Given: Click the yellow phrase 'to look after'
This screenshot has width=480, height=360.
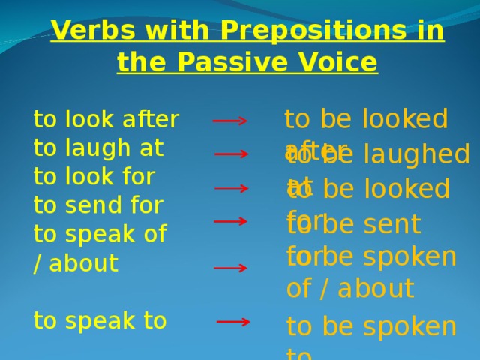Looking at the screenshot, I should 106,120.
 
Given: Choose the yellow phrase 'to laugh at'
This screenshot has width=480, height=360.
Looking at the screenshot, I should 98,148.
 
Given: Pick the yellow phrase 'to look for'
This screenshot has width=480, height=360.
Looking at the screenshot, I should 94,177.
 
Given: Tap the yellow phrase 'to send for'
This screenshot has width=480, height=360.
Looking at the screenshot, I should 98,205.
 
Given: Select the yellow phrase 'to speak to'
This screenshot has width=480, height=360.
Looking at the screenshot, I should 100,321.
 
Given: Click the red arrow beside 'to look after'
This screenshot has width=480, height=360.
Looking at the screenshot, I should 230,121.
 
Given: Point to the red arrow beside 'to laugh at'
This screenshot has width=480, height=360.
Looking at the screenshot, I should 232,154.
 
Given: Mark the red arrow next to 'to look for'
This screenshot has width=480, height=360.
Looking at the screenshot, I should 232,189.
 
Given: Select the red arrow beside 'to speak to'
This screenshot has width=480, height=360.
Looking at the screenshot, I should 233,322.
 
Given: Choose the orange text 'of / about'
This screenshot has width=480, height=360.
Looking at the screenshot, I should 349,289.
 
